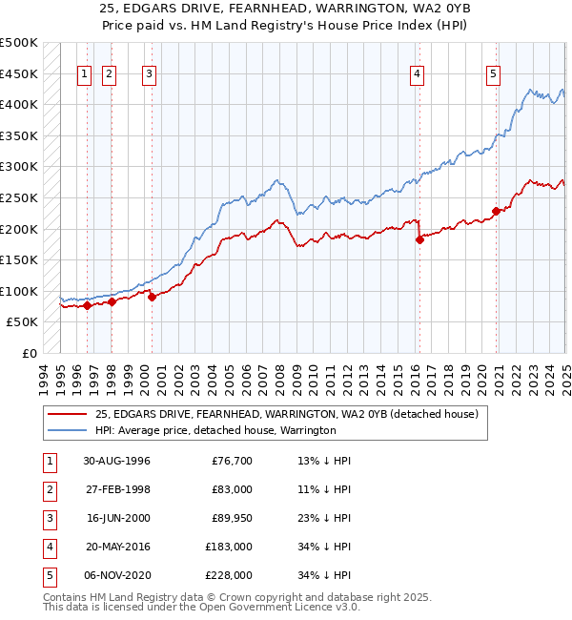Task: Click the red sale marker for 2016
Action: [x=419, y=240]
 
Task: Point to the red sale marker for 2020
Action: [x=496, y=212]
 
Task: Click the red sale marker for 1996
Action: [x=87, y=306]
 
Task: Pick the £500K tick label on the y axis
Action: [x=19, y=43]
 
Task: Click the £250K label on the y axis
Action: [x=19, y=197]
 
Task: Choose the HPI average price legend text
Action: [x=215, y=431]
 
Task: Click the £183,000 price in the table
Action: [x=230, y=548]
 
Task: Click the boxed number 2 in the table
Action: [x=49, y=490]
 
